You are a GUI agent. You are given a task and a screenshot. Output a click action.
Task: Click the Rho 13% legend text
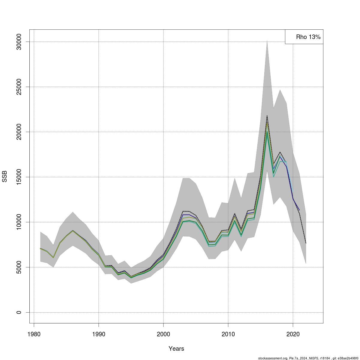[308, 37]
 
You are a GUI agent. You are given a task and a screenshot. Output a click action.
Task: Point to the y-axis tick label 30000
[19, 42]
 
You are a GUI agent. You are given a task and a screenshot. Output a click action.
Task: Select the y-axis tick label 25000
[19, 87]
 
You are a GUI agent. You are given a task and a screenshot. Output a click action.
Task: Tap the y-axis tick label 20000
[19, 132]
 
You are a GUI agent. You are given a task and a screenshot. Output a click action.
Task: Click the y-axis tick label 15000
[19, 177]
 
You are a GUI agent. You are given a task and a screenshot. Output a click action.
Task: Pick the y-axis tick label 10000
[19, 222]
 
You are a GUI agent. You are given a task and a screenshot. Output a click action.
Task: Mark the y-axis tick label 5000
[19, 267]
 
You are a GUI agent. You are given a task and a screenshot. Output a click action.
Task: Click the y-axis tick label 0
[19, 312]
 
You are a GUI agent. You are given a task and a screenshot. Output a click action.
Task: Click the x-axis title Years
[176, 349]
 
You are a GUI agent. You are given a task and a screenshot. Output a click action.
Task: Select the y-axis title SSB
[4, 176]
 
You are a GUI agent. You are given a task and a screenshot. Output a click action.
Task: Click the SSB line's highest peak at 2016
[267, 116]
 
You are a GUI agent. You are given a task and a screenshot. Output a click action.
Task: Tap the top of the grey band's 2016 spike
[267, 41]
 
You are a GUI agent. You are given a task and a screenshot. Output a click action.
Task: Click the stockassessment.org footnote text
[308, 358]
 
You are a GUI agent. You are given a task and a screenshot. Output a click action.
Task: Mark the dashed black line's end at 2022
[306, 243]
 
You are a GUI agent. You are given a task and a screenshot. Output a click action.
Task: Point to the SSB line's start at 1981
[40, 248]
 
